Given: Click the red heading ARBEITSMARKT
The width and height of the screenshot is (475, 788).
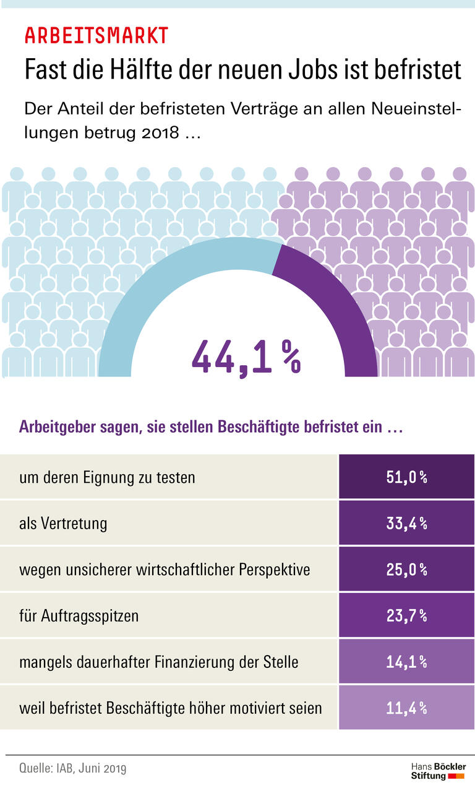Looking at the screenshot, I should pos(96,36).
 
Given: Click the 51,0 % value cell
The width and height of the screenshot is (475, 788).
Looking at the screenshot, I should pos(406,477).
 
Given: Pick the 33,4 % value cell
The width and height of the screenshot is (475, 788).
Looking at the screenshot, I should pos(406,523).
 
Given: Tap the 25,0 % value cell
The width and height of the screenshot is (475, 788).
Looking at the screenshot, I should pos(406,569).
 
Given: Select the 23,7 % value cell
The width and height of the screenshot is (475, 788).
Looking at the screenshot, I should pos(406,615).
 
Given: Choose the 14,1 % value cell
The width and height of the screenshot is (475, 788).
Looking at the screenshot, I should pos(406,662).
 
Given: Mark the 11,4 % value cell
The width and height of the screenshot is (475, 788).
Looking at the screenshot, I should pos(406,708).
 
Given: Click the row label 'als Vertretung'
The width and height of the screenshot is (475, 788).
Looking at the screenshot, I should pos(63,523).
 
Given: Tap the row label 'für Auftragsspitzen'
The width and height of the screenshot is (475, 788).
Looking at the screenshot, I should pos(79,616).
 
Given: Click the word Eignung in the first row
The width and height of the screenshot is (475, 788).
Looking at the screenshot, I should pos(106,478).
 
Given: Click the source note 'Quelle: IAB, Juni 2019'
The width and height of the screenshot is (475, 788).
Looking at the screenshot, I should pos(73,769).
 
